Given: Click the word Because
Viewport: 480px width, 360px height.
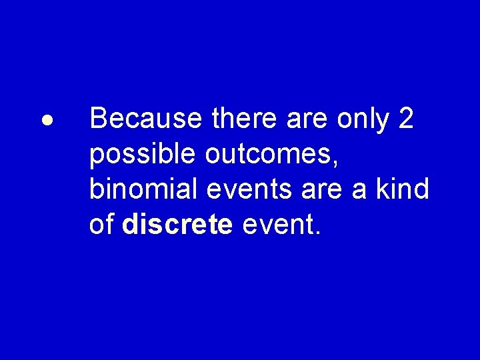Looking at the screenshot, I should pyautogui.click(x=145, y=119).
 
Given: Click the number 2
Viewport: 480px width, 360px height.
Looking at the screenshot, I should pyautogui.click(x=405, y=119).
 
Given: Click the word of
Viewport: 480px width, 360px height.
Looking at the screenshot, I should pyautogui.click(x=101, y=225).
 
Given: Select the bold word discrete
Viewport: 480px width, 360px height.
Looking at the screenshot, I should pyautogui.click(x=177, y=225).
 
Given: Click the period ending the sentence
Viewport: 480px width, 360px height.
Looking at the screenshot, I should pyautogui.click(x=318, y=233).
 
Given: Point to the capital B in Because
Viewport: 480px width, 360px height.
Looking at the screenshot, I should pyautogui.click(x=98, y=119).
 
